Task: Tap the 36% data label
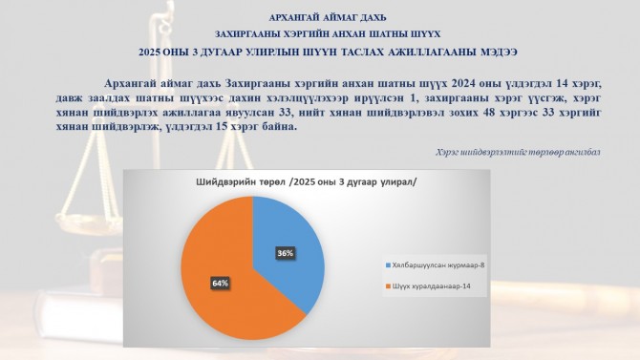coord(286,253)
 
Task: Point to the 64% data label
coord(220,284)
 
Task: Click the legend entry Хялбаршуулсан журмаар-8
coord(436,265)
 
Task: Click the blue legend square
coord(388,265)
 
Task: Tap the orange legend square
coord(388,286)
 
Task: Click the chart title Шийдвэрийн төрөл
coord(241,182)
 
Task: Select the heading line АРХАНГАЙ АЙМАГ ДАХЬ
coord(328,18)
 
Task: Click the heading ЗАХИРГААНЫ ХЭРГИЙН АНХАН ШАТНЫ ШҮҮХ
coord(328,34)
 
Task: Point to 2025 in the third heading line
coord(149,53)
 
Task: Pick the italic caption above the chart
coord(518,153)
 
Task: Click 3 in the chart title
coord(340,182)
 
